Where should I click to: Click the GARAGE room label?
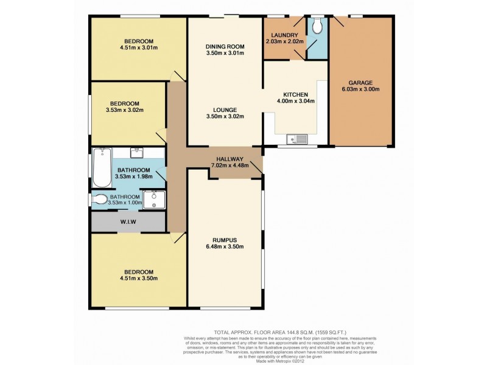pyautogui.click(x=360, y=82)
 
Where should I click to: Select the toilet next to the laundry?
pyautogui.click(x=317, y=26)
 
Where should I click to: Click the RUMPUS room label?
pyautogui.click(x=225, y=239)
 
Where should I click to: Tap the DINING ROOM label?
pyautogui.click(x=225, y=46)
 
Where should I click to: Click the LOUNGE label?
pyautogui.click(x=225, y=109)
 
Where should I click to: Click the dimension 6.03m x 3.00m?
pyautogui.click(x=360, y=89)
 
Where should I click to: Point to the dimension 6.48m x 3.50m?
pyautogui.click(x=225, y=246)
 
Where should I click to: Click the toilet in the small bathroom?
pyautogui.click(x=100, y=199)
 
